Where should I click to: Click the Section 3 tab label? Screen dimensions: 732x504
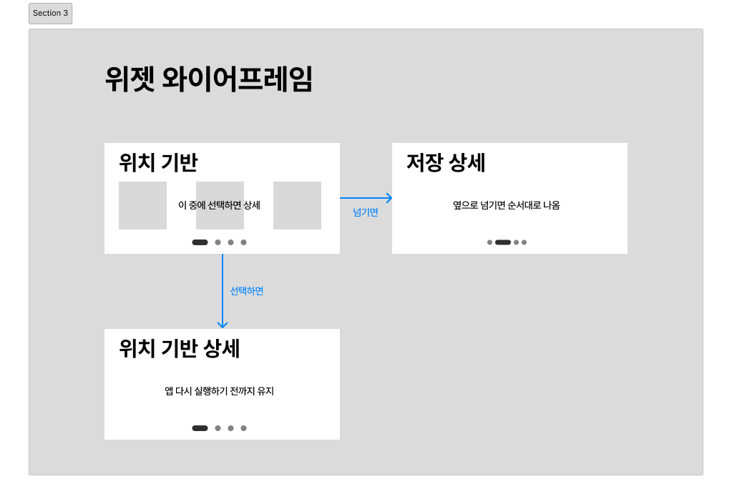(51, 14)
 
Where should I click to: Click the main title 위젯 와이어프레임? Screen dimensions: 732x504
(208, 79)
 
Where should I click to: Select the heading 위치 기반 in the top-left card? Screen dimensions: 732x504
(158, 163)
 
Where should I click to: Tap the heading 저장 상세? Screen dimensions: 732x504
(446, 163)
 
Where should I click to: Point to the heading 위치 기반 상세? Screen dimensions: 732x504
(179, 349)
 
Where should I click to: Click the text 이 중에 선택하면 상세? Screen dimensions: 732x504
(219, 205)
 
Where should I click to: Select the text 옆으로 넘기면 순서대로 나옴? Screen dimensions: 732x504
(506, 205)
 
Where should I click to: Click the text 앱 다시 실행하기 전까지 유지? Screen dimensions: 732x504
(219, 391)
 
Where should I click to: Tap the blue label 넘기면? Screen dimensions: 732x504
(366, 212)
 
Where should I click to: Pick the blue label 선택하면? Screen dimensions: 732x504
(247, 291)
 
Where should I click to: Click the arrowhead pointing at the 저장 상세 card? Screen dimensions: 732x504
(389, 198)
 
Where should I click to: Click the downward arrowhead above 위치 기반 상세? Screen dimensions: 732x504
(223, 324)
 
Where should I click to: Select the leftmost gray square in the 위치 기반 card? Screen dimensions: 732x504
(142, 206)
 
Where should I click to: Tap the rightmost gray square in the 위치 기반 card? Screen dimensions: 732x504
(297, 206)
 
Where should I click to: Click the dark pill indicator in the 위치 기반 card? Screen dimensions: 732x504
(200, 242)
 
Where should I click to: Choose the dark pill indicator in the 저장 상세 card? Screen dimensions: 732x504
(503, 242)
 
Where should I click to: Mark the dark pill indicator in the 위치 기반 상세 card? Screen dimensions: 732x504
(200, 428)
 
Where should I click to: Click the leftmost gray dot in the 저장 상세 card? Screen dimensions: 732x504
(489, 242)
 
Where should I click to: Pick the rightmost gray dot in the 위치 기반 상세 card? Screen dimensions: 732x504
(243, 428)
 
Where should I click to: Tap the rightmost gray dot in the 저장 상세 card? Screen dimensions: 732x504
(524, 242)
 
